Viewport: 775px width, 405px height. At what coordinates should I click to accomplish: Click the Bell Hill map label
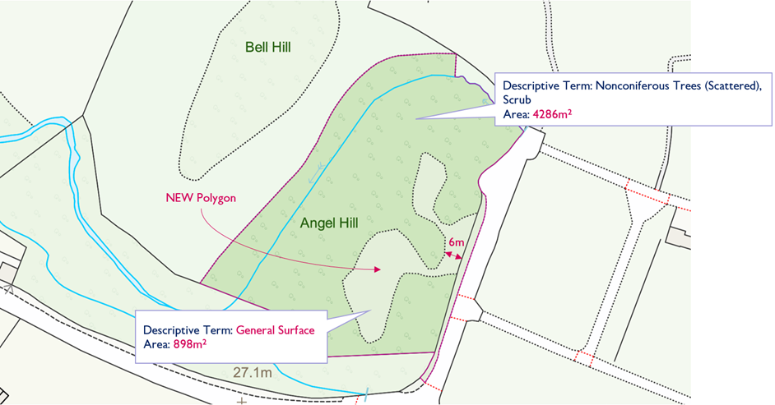pyautogui.click(x=268, y=48)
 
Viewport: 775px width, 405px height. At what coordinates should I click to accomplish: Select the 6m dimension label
pyautogui.click(x=457, y=242)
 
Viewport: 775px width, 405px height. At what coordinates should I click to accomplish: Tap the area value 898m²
pyautogui.click(x=188, y=344)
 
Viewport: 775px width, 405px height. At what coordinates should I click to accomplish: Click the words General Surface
pyautogui.click(x=276, y=330)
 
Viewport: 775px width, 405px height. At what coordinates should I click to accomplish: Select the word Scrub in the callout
pyautogui.click(x=517, y=100)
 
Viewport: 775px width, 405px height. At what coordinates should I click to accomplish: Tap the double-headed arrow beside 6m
pyautogui.click(x=452, y=255)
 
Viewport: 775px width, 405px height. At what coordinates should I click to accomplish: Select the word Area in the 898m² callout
pyautogui.click(x=155, y=344)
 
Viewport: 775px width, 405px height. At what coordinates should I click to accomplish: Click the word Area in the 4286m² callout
pyautogui.click(x=516, y=115)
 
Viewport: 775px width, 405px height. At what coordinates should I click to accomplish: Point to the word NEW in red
pyautogui.click(x=179, y=198)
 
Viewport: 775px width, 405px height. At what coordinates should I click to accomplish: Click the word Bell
pyautogui.click(x=257, y=48)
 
